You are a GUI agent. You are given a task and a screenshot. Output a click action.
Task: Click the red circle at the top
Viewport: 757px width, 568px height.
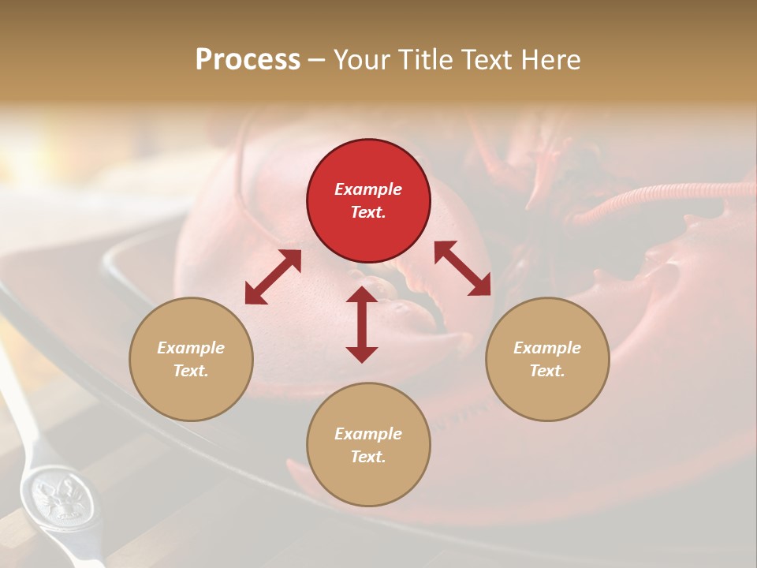(x=368, y=200)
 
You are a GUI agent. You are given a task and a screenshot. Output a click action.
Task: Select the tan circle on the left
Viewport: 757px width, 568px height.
(x=191, y=359)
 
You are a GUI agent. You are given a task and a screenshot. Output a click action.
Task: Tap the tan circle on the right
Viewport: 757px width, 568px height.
(x=547, y=359)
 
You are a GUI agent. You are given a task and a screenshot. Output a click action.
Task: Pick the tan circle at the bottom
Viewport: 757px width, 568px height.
(x=368, y=444)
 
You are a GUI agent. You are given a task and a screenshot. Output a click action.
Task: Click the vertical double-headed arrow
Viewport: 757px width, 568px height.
(x=362, y=324)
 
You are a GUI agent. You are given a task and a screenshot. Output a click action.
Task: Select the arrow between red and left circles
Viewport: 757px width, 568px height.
(x=273, y=277)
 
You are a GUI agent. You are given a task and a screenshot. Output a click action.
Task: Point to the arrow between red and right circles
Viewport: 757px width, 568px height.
(x=463, y=268)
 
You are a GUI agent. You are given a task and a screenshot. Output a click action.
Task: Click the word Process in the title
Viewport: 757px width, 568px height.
(x=248, y=60)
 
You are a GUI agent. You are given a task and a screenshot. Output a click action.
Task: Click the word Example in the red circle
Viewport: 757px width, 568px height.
(x=368, y=189)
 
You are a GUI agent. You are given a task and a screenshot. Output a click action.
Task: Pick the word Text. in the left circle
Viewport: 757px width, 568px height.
(x=191, y=371)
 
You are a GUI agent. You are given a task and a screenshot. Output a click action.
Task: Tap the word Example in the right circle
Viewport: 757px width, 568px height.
(x=547, y=348)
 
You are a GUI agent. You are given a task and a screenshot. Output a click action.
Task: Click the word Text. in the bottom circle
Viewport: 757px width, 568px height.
(x=368, y=457)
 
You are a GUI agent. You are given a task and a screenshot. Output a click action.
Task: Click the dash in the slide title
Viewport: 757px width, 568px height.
(x=317, y=60)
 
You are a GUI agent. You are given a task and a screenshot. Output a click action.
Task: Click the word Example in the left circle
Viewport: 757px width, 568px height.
(x=191, y=348)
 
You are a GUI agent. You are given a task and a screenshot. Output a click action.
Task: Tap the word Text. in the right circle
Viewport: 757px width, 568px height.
(x=547, y=371)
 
